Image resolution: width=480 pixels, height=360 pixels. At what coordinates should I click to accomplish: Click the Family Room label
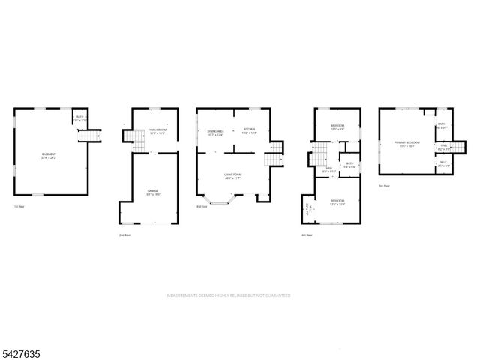[156, 132]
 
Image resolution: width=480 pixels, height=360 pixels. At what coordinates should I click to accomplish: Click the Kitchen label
[249, 132]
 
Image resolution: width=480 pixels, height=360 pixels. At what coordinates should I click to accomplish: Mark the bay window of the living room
[220, 201]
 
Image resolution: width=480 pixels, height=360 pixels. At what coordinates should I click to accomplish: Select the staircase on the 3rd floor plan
[271, 157]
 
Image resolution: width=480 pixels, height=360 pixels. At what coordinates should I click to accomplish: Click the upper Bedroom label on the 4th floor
[337, 127]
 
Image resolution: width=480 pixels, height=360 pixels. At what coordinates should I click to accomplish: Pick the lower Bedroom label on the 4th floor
[337, 202]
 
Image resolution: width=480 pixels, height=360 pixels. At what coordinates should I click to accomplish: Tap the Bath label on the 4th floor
[349, 165]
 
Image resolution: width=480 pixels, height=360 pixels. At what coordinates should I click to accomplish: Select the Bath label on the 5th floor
[442, 125]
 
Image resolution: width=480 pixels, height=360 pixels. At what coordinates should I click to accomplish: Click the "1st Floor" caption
[19, 206]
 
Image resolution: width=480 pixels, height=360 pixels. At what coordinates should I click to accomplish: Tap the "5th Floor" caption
[384, 185]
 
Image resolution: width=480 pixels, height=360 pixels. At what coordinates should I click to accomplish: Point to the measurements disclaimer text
[228, 296]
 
